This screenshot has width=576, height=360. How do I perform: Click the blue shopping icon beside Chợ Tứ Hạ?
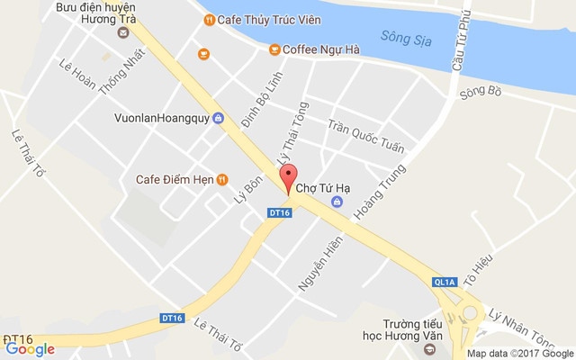[337, 202]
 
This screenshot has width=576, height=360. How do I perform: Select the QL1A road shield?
[445, 282]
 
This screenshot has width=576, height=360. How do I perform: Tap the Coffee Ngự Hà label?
[321, 49]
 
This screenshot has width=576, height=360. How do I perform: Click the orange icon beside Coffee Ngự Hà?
[274, 49]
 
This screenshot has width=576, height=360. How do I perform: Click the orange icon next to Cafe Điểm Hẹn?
[222, 179]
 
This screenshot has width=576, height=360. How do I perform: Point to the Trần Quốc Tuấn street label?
[366, 135]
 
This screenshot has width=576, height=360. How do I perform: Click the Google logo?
[30, 349]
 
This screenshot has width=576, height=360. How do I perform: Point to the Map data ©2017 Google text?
[517, 353]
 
